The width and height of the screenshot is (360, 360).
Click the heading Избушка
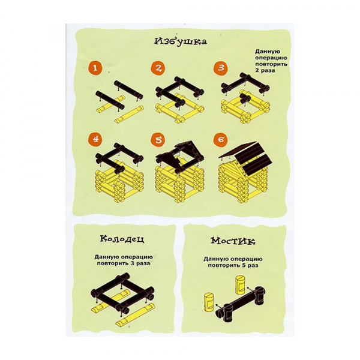pyautogui.click(x=181, y=41)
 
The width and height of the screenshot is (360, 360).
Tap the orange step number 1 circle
pyautogui.click(x=95, y=68)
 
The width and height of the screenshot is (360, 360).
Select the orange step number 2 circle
pyautogui.click(x=158, y=68)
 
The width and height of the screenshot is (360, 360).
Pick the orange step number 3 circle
pyautogui.click(x=221, y=67)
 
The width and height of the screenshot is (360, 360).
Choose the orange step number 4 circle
pyautogui.click(x=95, y=139)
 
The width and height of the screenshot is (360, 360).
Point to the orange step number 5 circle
pyautogui.click(x=158, y=139)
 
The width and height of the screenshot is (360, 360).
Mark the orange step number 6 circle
pyautogui.click(x=221, y=139)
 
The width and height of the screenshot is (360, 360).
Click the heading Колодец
pyautogui.click(x=122, y=239)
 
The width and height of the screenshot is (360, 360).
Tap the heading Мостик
pyautogui.click(x=233, y=241)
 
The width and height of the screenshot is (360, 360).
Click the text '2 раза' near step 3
pyautogui.click(x=265, y=70)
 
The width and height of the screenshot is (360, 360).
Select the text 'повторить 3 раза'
pyautogui.click(x=123, y=263)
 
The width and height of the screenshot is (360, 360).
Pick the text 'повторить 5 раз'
pyautogui.click(x=233, y=265)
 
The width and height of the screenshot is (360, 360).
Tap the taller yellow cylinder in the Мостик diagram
pyautogui.click(x=241, y=286)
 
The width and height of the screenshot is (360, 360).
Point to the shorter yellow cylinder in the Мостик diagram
pyautogui.click(x=209, y=302)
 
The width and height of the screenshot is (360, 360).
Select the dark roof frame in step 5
pyautogui.click(x=179, y=157)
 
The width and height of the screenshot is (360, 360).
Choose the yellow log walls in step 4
pyautogui.click(x=119, y=181)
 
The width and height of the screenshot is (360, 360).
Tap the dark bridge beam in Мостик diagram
pyautogui.click(x=241, y=303)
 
